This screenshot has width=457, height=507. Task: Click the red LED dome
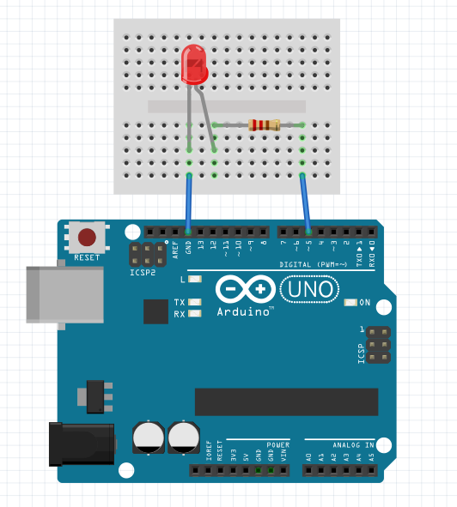coord(195,64)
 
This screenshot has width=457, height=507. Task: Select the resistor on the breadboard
coord(264,125)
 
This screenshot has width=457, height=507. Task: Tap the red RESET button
coord(87,238)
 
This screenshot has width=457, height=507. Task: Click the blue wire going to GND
coord(189,204)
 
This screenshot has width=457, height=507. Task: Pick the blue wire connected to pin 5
coord(305,204)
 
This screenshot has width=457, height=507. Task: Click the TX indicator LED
coord(195,302)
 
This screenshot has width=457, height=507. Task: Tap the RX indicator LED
coord(195,313)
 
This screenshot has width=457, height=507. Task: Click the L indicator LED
coord(195,280)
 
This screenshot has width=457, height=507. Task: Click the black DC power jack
coord(82,444)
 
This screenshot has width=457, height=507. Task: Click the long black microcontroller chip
coord(286,401)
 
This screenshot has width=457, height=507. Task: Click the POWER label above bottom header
coord(277,445)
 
